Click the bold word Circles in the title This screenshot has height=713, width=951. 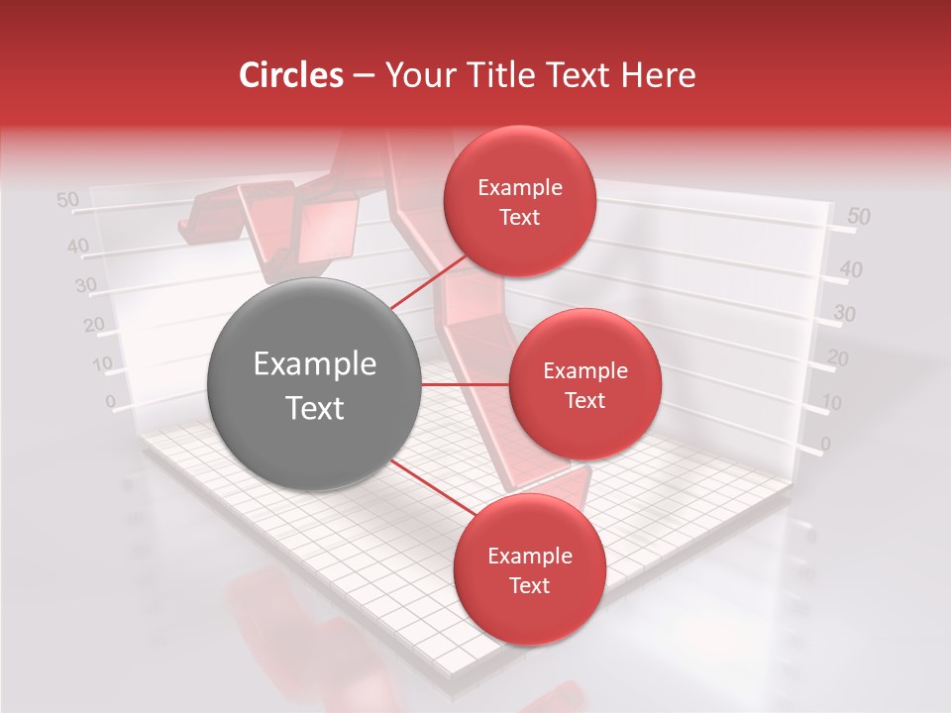click(291, 75)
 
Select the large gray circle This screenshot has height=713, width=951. click(315, 384)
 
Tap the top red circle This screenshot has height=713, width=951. click(519, 202)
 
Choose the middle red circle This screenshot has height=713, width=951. click(584, 384)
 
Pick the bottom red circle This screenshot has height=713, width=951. click(529, 569)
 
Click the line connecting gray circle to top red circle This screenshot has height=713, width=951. click(428, 282)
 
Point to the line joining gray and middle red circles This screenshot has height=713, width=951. click(466, 384)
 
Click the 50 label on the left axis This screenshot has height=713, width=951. click(67, 200)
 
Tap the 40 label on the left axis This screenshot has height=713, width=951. click(78, 246)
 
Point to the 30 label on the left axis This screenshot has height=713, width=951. click(86, 286)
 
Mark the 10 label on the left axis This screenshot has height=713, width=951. click(102, 363)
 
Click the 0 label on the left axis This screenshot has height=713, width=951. click(110, 401)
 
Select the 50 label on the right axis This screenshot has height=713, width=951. click(859, 216)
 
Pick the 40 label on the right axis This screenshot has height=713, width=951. click(851, 268)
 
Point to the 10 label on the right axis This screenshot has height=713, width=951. click(832, 402)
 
